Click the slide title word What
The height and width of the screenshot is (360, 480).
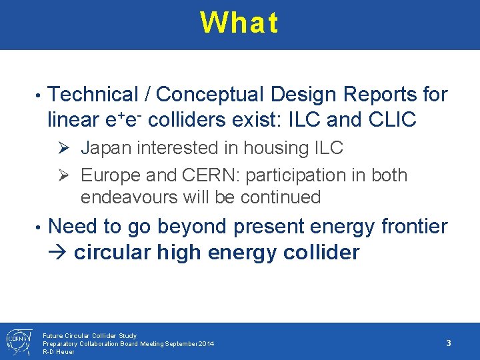(239, 23)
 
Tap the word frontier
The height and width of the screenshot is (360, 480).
(414, 227)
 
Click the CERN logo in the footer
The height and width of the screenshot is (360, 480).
(16, 341)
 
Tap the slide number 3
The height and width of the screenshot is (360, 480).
(449, 343)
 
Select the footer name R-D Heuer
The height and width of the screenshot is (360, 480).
(59, 351)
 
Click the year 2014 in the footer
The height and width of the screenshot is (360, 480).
(206, 343)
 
